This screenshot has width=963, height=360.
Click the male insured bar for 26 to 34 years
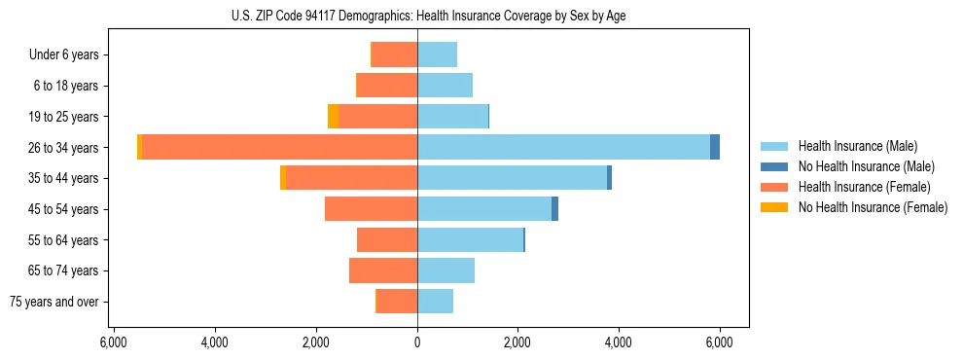[x=563, y=147]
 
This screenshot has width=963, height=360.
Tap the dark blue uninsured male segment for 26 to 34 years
[x=715, y=147]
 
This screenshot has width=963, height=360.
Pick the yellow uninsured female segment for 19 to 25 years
[x=333, y=116]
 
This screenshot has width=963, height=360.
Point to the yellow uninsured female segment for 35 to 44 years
[x=283, y=178]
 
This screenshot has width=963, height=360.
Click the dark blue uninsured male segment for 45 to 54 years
[x=554, y=209]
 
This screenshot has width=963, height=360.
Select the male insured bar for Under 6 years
[x=437, y=54]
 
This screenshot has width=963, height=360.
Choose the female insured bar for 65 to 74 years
[x=383, y=270]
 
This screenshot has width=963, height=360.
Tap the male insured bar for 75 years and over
[x=435, y=302]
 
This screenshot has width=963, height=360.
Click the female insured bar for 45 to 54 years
[x=371, y=209]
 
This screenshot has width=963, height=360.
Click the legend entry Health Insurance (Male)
[x=857, y=146]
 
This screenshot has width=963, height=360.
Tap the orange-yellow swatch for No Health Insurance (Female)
[x=775, y=207]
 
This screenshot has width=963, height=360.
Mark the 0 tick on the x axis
[x=417, y=342]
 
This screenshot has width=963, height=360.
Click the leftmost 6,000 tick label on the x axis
[x=113, y=342]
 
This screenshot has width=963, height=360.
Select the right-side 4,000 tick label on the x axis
[x=618, y=342]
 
